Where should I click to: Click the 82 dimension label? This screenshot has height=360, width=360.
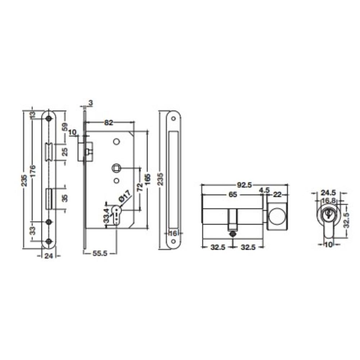click(109, 123)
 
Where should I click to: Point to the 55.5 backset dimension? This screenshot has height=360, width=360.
click(100, 253)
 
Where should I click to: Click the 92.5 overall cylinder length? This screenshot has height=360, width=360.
click(244, 185)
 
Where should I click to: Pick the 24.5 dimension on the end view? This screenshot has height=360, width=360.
click(328, 192)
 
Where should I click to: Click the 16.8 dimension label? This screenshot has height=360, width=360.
click(329, 201)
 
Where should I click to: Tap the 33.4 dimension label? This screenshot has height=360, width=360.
click(106, 216)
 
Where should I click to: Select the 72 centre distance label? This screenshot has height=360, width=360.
click(140, 187)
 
